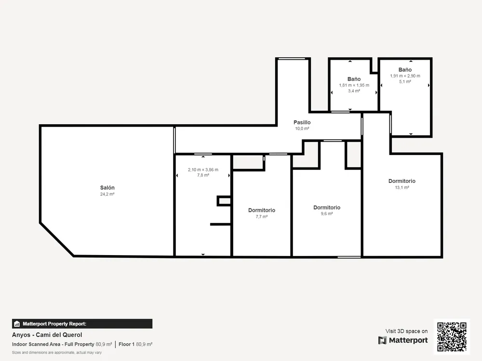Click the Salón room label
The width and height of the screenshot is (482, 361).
pyautogui.click(x=107, y=188)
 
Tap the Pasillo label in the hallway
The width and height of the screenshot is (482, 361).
pyautogui.click(x=302, y=122)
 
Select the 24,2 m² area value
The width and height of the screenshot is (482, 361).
pyautogui.click(x=107, y=194)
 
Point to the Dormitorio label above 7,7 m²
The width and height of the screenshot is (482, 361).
pyautogui.click(x=262, y=210)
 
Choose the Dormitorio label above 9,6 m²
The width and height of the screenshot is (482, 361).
pyautogui.click(x=327, y=207)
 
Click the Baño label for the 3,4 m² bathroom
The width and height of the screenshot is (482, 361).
pyautogui.click(x=354, y=79)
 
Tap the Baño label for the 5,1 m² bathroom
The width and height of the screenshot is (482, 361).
pyautogui.click(x=405, y=70)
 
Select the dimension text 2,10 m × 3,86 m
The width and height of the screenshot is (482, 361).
pyautogui.click(x=203, y=170)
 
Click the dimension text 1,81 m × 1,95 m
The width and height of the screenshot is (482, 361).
pyautogui.click(x=354, y=85)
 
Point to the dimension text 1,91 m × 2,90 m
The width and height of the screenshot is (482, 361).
pyautogui.click(x=405, y=76)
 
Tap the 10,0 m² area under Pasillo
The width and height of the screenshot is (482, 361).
pyautogui.click(x=302, y=129)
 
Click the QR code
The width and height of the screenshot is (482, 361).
pyautogui.click(x=452, y=337)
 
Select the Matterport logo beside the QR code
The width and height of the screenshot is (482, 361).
pyautogui.click(x=403, y=340)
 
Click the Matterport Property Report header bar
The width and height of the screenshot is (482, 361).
pyautogui.click(x=82, y=324)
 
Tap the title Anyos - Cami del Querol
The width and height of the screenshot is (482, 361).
pyautogui.click(x=47, y=335)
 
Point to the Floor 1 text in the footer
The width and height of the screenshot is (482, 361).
pyautogui.click(x=126, y=345)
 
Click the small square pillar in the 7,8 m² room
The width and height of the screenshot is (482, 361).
pyautogui.click(x=224, y=201)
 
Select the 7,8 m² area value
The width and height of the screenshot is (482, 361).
pyautogui.click(x=203, y=175)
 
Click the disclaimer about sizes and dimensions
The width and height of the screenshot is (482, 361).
pyautogui.click(x=57, y=352)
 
